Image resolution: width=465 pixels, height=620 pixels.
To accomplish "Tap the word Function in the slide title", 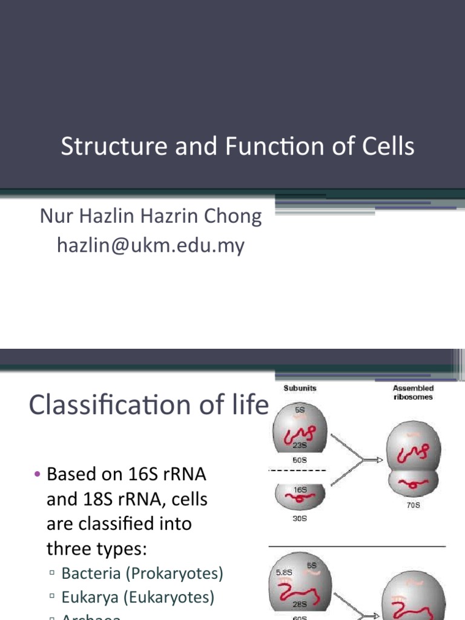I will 261,147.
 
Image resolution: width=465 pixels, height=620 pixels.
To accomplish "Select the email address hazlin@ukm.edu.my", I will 150,245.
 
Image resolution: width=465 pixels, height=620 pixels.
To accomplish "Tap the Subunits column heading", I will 300,387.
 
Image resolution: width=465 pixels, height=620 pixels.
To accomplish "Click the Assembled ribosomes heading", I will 413,392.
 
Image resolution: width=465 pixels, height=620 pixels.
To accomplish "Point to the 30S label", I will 300,519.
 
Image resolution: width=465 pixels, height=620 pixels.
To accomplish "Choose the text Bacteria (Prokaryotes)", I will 142,573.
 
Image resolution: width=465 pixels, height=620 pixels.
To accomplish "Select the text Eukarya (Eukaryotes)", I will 138,598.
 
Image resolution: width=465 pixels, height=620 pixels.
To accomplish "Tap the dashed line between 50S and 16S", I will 297,470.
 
